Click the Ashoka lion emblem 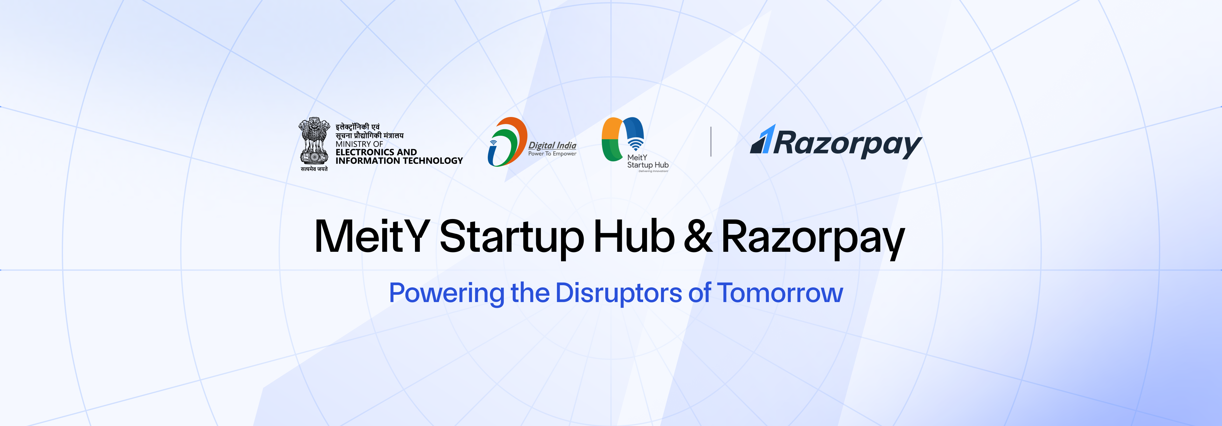(314, 141)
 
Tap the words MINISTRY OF (359, 144)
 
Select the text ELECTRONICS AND (376, 152)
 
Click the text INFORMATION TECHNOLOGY (399, 161)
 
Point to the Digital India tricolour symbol (507, 142)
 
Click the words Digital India (552, 146)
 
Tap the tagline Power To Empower (552, 154)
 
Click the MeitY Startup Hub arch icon (623, 139)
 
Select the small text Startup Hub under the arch (648, 165)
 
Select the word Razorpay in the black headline (813, 239)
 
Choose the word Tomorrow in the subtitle (780, 293)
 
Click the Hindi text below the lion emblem (314, 169)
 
